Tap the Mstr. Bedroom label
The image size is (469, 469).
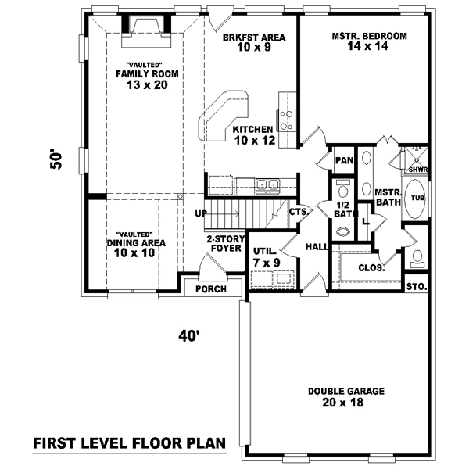[x=369, y=36]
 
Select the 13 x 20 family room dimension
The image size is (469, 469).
[x=146, y=86]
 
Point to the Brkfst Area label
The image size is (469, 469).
[x=253, y=37]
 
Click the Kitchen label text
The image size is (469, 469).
[x=252, y=130]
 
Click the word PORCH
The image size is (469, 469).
[x=211, y=289]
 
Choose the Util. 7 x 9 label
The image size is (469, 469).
[x=267, y=257]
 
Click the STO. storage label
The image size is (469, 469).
[x=417, y=287]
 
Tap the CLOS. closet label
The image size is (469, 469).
[x=371, y=267]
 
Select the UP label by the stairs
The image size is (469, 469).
[x=201, y=213]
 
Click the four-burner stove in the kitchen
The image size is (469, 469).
[x=287, y=120]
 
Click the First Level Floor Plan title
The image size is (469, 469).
[x=129, y=443]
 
